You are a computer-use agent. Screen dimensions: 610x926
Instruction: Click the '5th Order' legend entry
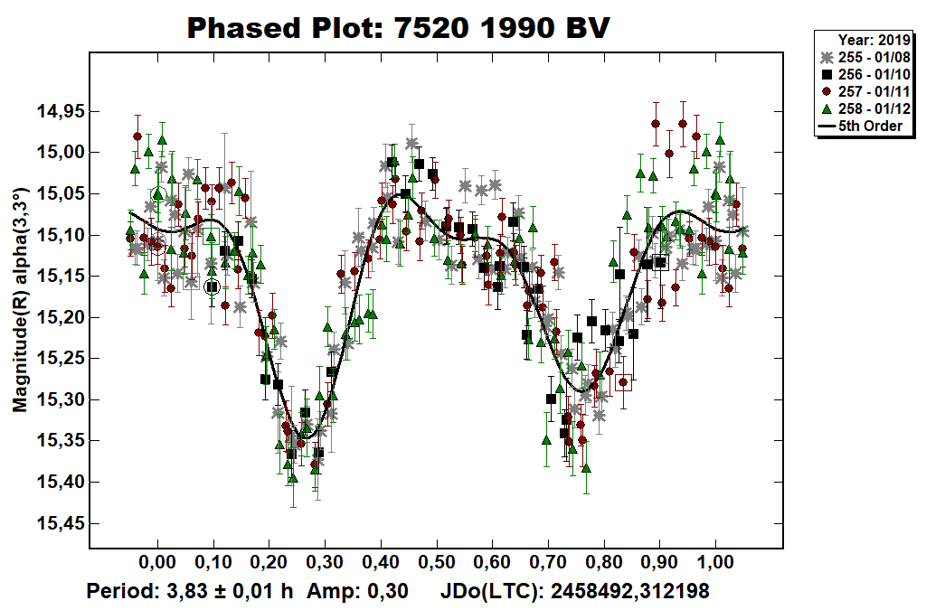coord(870,126)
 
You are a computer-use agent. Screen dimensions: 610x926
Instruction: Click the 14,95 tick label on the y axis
coord(60,111)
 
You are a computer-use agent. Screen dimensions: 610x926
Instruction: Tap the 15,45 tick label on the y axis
coord(60,523)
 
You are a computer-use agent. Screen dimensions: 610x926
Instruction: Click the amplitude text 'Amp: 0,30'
coord(357,592)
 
